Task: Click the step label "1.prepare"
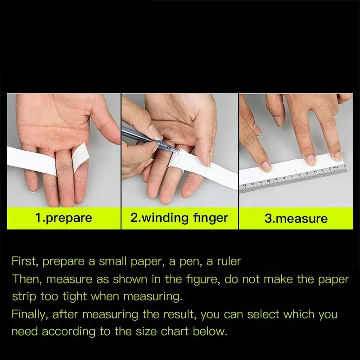click(63, 218)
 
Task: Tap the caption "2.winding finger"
click(179, 218)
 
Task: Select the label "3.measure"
click(296, 218)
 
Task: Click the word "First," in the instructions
click(25, 261)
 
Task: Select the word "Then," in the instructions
click(27, 279)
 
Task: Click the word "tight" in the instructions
click(74, 297)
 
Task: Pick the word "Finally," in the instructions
click(30, 314)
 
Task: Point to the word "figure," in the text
click(203, 279)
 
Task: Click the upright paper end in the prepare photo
click(81, 157)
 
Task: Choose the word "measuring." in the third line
click(153, 297)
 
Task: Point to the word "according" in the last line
click(68, 332)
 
